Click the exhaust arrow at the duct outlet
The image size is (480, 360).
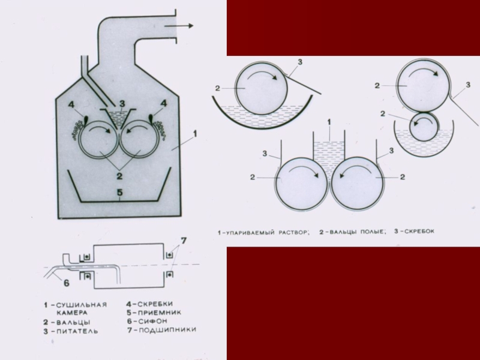coord(179,26)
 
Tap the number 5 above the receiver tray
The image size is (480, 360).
coord(119,193)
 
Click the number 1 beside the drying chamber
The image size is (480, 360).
coord(195,134)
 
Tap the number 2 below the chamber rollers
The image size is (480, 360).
coord(119,176)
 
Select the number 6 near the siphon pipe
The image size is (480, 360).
coord(67,283)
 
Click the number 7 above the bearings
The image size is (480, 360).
coord(184,241)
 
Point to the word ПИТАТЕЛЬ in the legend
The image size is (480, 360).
coord(77,331)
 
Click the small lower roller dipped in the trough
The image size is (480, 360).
coord(424,127)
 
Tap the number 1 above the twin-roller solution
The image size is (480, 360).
coord(329,122)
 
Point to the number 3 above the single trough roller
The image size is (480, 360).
coord(299,62)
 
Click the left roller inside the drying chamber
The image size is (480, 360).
coord(98,139)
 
